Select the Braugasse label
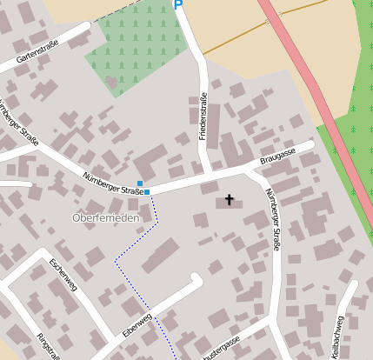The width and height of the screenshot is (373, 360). [x=277, y=157]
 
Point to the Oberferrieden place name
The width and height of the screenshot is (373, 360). [x=105, y=217]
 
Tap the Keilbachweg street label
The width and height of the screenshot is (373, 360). [x=337, y=334]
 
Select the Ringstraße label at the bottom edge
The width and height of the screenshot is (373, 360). [x=48, y=346]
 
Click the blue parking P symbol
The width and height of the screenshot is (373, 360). [x=179, y=5]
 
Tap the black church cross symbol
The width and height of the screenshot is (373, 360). [x=230, y=200]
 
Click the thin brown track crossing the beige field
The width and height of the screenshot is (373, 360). [x=252, y=30]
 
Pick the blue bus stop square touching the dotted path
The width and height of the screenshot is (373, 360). [x=147, y=191]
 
